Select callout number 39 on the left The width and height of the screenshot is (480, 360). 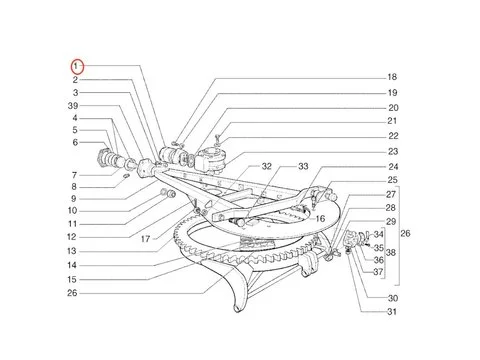(73, 106)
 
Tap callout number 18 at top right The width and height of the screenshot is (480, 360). (392, 77)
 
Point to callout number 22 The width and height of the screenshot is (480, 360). (393, 136)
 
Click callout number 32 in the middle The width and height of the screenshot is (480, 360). (239, 166)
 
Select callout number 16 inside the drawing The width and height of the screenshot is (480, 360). (321, 217)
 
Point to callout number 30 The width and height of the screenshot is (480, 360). (392, 299)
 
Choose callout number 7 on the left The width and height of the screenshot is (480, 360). (73, 173)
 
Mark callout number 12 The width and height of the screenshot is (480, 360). (73, 237)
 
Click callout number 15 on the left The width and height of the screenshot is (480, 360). (73, 279)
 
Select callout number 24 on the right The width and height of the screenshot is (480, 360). (393, 166)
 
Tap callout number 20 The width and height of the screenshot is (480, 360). (393, 107)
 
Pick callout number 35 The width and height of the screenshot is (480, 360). (379, 247)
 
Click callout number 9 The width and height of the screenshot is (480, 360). (73, 198)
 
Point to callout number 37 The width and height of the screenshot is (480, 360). (379, 272)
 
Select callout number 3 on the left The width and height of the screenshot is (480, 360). (73, 92)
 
